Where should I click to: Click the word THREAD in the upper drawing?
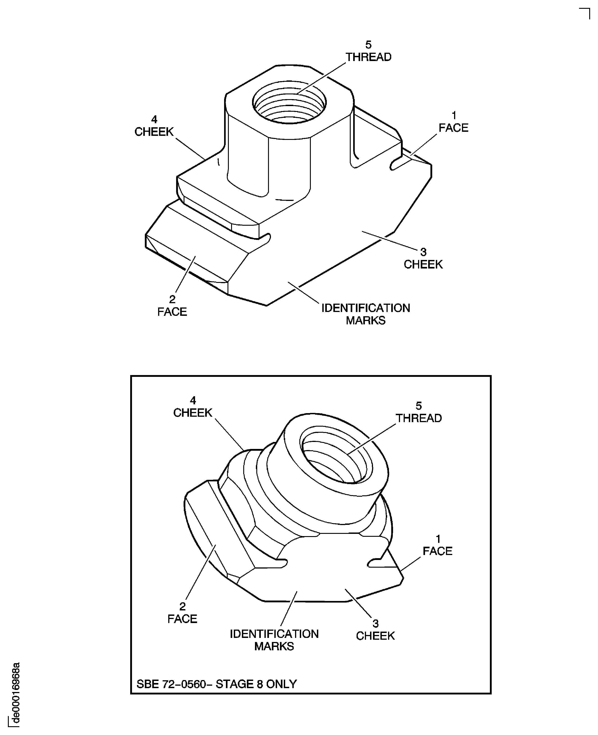368,57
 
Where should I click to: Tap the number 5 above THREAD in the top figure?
368,45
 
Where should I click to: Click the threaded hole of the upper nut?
289,103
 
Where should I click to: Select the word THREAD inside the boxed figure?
418,418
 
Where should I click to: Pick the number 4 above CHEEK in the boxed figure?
193,400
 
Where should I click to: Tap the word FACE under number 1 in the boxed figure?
437,551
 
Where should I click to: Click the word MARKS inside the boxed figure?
274,646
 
